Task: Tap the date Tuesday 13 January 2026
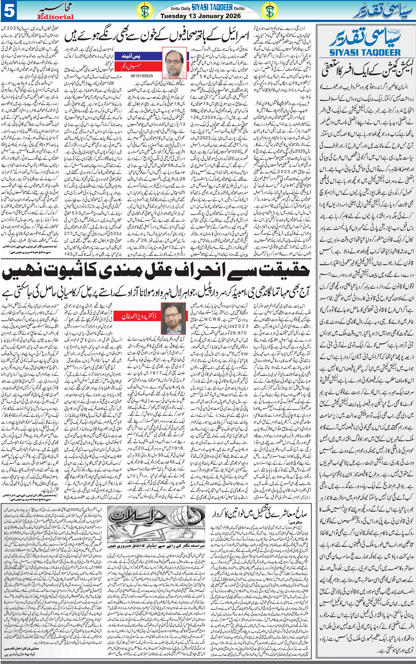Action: [201, 16]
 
